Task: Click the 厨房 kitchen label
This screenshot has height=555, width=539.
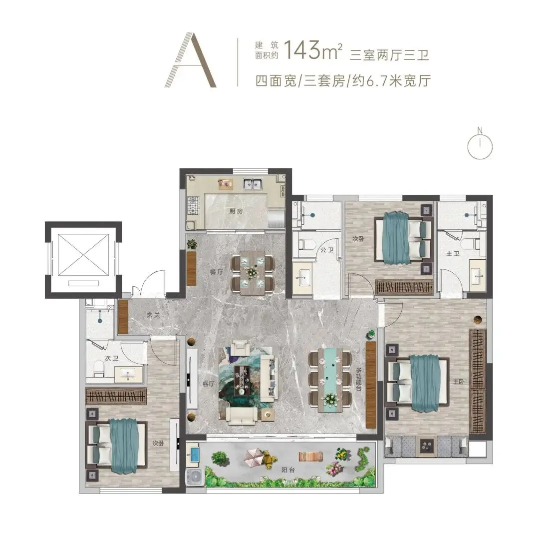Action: [236, 211]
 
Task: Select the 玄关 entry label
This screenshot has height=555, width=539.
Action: [153, 315]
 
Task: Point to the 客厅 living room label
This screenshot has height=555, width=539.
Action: [209, 384]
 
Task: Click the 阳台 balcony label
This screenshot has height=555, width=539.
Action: [288, 471]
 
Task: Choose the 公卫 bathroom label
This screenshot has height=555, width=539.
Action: [327, 250]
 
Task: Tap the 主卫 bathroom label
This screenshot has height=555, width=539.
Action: [453, 254]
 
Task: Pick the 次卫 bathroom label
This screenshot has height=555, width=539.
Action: [111, 358]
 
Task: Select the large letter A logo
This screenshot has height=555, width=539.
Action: [191, 60]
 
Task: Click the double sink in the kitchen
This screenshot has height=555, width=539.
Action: [252, 184]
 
